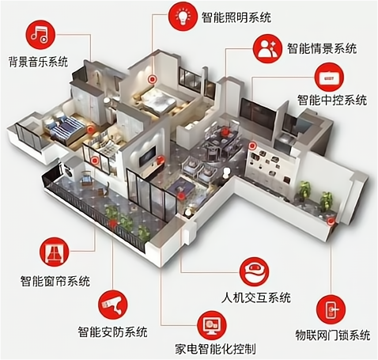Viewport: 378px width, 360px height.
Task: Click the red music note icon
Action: click(40, 35)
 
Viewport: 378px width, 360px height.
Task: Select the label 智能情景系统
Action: click(322, 49)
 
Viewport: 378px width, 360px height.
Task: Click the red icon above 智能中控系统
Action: click(329, 78)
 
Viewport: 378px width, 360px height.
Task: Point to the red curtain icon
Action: click(55, 252)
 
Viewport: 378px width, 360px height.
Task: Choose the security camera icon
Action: click(112, 305)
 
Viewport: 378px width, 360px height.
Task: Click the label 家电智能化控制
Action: click(215, 349)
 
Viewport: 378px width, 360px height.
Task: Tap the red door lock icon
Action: click(331, 309)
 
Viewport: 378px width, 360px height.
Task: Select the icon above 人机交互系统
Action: click(255, 272)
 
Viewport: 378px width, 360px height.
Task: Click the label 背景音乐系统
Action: click(38, 61)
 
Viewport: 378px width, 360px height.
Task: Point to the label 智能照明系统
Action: click(236, 17)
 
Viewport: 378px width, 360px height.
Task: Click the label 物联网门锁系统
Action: click(333, 335)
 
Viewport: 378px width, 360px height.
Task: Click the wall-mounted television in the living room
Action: click(147, 156)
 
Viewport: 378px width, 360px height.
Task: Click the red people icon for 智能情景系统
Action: click(267, 47)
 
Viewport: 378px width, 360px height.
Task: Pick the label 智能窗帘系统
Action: click(55, 281)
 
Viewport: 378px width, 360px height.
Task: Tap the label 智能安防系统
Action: click(112, 332)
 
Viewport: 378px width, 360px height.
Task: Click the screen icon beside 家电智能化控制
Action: click(212, 326)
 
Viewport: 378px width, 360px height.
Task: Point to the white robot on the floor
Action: click(226, 172)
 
